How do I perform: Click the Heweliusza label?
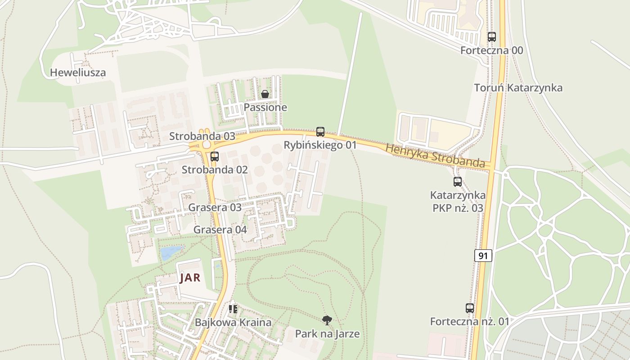[78, 72]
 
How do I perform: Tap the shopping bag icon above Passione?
[265, 94]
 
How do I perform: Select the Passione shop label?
[265, 108]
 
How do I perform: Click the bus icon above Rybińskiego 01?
[320, 132]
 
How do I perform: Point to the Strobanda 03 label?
[202, 136]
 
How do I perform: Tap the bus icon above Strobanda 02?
[215, 157]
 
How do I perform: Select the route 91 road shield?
[483, 256]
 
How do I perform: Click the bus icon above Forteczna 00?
[491, 37]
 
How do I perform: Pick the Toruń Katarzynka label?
[518, 88]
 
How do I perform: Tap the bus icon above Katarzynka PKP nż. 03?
[458, 182]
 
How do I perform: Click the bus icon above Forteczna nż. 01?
[470, 308]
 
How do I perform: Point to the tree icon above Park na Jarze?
[327, 320]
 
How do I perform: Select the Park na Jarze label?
[327, 334]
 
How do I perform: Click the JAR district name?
[190, 278]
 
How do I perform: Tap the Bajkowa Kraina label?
[233, 323]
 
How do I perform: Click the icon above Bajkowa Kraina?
[233, 309]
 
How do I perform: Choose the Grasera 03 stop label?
[215, 208]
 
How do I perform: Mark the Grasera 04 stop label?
[220, 230]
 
